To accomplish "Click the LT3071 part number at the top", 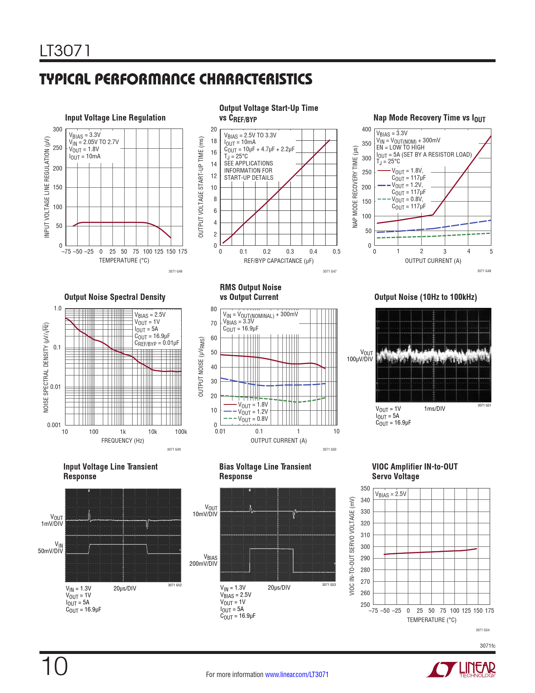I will click(65, 51).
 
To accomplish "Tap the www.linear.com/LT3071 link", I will click(297, 675).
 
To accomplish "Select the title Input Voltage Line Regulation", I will click(115, 118).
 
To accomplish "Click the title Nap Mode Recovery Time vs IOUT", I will click(429, 118).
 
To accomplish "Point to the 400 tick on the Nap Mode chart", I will click(366, 129).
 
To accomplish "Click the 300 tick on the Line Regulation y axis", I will click(57, 129).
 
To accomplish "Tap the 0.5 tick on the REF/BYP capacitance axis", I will click(337, 252).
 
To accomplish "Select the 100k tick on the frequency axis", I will click(181, 432).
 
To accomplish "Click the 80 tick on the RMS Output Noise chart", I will click(214, 309).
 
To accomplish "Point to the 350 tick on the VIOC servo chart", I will click(365, 488).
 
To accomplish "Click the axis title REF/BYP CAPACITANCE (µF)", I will click(279, 261).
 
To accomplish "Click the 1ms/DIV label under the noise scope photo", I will click(435, 409).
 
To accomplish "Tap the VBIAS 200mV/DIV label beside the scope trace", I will click(204, 560).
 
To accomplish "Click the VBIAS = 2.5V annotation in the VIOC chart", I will click(391, 494).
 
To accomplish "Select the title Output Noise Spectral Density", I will click(115, 297).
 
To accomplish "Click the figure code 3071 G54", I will click(483, 630).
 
